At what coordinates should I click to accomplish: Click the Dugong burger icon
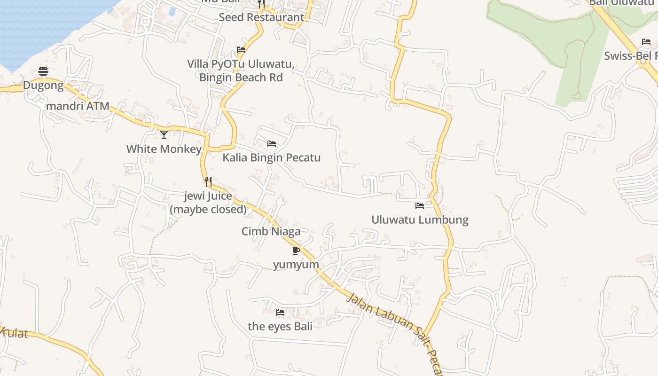pyautogui.click(x=43, y=71)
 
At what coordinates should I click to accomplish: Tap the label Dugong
pyautogui.click(x=43, y=86)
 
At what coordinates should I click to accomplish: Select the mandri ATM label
pyautogui.click(x=78, y=106)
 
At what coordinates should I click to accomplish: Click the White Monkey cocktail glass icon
pyautogui.click(x=164, y=135)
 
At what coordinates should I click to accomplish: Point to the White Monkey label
pyautogui.click(x=164, y=149)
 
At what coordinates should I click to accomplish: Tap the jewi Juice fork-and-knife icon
pyautogui.click(x=208, y=181)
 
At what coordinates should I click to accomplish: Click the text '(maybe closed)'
pyautogui.click(x=208, y=209)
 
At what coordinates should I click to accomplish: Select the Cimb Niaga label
pyautogui.click(x=271, y=231)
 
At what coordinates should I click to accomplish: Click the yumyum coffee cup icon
pyautogui.click(x=296, y=251)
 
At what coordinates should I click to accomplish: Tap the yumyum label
pyautogui.click(x=296, y=265)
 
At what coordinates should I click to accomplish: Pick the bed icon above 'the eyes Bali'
pyautogui.click(x=280, y=312)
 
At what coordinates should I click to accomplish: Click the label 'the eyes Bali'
pyautogui.click(x=280, y=326)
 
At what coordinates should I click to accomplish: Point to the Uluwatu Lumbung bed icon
pyautogui.click(x=420, y=206)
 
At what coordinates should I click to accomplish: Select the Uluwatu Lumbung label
pyautogui.click(x=420, y=219)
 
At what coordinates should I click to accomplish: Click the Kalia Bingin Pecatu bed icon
pyautogui.click(x=272, y=144)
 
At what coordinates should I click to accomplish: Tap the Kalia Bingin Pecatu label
pyautogui.click(x=272, y=157)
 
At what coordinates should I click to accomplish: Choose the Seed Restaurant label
pyautogui.click(x=262, y=17)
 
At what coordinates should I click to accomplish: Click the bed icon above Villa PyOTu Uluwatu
pyautogui.click(x=241, y=50)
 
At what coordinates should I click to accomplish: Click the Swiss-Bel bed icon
pyautogui.click(x=646, y=42)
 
